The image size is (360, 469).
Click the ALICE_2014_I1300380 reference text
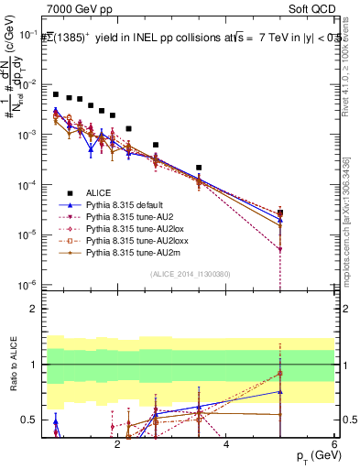tap(191, 274)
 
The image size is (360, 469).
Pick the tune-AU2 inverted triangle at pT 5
tap(279, 249)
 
